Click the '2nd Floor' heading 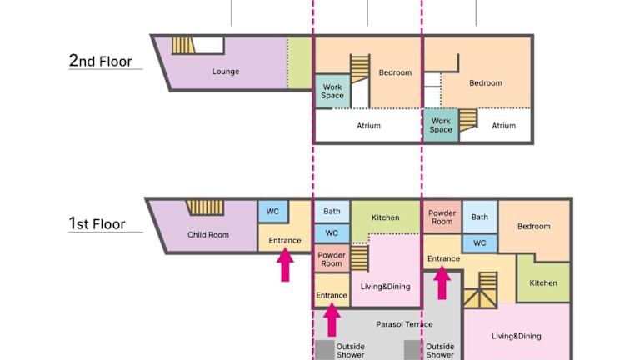point(100,61)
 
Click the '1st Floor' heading point(97,223)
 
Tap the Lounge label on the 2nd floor point(226,72)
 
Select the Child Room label point(208,235)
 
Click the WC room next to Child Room point(273,212)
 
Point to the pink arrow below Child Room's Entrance point(285,264)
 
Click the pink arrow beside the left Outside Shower point(332,320)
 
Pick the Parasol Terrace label point(404,324)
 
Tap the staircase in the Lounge point(182,46)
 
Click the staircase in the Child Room point(205,207)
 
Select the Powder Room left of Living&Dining point(332,259)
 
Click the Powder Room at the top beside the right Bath point(442,217)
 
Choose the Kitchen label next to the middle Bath point(385,217)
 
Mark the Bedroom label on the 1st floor point(534,226)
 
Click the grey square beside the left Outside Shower point(325,350)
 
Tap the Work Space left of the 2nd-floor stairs point(332,91)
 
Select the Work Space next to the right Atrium point(441,125)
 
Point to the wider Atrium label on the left point(368,126)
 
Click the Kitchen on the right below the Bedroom point(543,282)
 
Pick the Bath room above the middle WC point(332,212)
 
